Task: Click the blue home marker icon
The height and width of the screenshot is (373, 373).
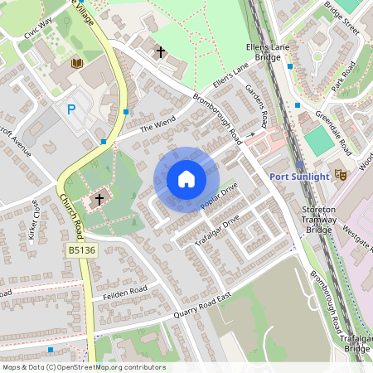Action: pyautogui.click(x=186, y=178)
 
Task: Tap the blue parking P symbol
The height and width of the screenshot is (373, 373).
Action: pyautogui.click(x=71, y=109)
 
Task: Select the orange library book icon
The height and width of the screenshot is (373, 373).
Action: pyautogui.click(x=77, y=64)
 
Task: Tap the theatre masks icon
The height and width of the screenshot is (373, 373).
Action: pyautogui.click(x=340, y=174)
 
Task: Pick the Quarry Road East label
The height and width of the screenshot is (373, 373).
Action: pyautogui.click(x=199, y=308)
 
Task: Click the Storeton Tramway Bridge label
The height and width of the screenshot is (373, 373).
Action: pyautogui.click(x=319, y=219)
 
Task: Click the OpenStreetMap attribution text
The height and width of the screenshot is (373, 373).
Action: pyautogui.click(x=84, y=367)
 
